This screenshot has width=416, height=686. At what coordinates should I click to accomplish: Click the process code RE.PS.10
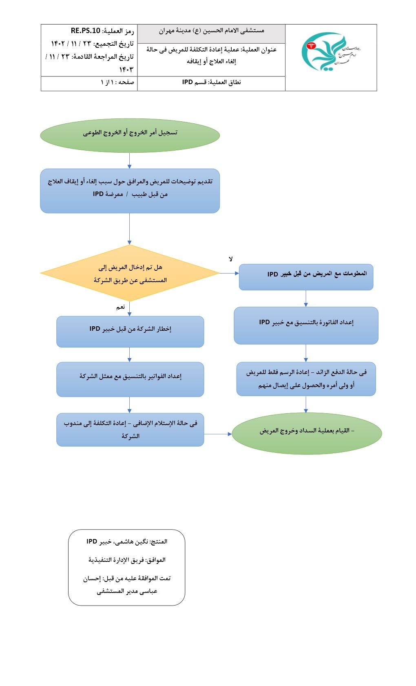click(x=85, y=31)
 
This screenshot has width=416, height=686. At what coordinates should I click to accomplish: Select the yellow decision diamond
click(x=130, y=273)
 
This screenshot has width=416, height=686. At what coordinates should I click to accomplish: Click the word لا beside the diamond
click(x=230, y=259)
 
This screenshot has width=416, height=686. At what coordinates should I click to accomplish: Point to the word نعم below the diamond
click(x=120, y=307)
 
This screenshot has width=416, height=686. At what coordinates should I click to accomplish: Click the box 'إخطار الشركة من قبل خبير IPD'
click(x=130, y=331)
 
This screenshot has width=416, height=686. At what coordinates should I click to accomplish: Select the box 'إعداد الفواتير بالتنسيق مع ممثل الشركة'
click(x=130, y=379)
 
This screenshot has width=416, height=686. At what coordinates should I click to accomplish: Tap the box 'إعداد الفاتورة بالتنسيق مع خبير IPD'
click(x=306, y=325)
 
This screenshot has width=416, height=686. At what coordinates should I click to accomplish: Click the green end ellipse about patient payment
click(x=306, y=433)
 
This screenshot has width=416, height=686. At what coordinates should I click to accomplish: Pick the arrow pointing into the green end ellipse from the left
click(x=218, y=434)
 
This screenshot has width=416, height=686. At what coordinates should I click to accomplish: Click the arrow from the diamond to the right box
click(x=229, y=273)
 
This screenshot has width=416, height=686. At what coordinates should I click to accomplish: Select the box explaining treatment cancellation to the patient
click(x=130, y=191)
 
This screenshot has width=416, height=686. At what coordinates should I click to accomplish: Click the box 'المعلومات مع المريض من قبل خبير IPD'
click(x=306, y=277)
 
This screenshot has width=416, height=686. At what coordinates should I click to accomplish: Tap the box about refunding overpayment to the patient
click(x=306, y=379)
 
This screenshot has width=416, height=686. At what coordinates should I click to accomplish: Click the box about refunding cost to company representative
click(x=130, y=430)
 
